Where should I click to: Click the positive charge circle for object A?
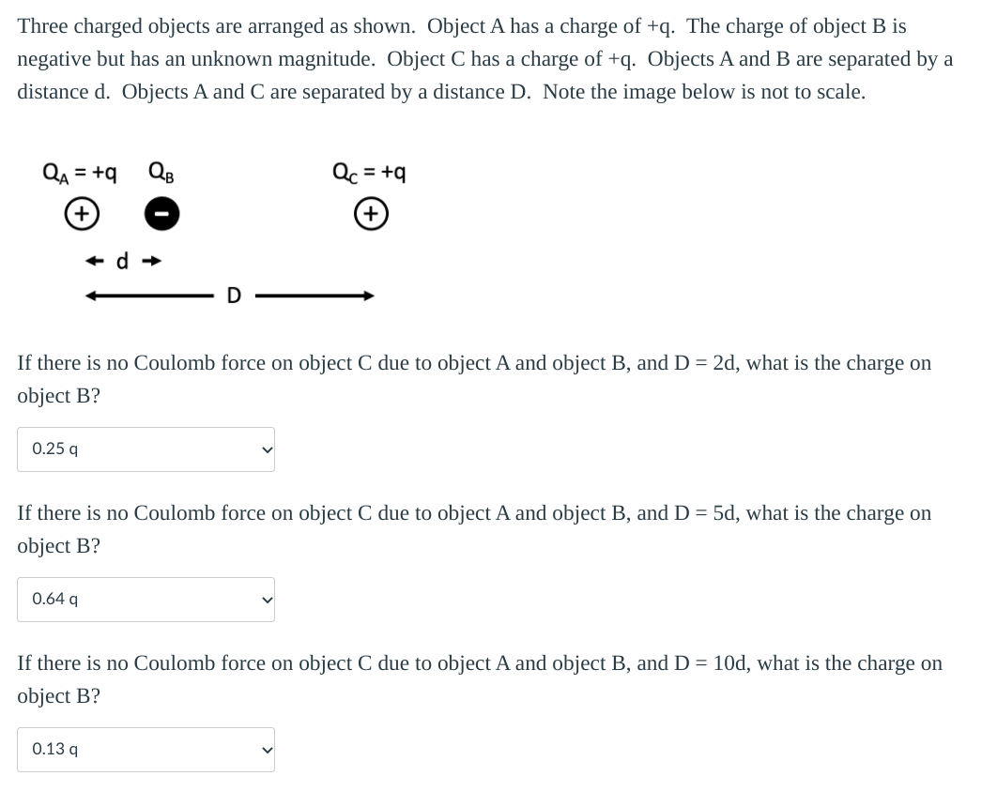[83, 214]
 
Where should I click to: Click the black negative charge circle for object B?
[161, 215]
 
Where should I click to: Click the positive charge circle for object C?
[372, 214]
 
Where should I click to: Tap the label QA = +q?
[80, 173]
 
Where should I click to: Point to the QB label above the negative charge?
[161, 173]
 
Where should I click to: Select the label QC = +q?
[370, 173]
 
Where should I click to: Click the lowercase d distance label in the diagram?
[122, 261]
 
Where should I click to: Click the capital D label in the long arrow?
[234, 297]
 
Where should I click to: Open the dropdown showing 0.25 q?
[146, 449]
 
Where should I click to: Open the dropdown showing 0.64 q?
[146, 600]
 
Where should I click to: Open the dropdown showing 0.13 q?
[146, 750]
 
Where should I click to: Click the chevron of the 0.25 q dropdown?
[267, 449]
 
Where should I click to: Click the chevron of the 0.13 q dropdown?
[267, 750]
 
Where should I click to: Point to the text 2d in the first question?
[724, 363]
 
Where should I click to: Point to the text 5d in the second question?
[724, 513]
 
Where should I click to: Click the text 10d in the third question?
[729, 663]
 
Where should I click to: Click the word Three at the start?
[42, 26]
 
